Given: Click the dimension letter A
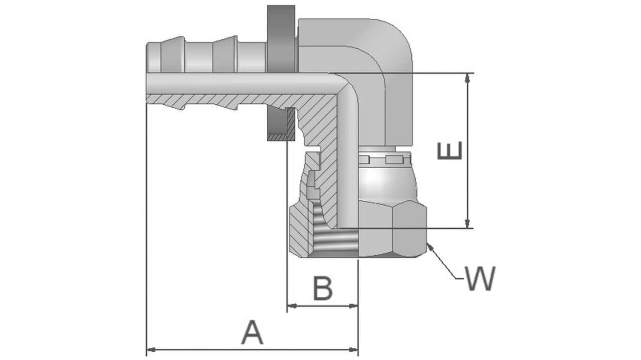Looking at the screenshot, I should coord(252,333).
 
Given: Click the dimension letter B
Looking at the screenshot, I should coord(323,289).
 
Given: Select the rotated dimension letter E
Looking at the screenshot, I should coord(450,150).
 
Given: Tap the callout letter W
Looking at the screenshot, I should coord(480,278).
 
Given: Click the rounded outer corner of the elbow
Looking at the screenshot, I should coord(397,36).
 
